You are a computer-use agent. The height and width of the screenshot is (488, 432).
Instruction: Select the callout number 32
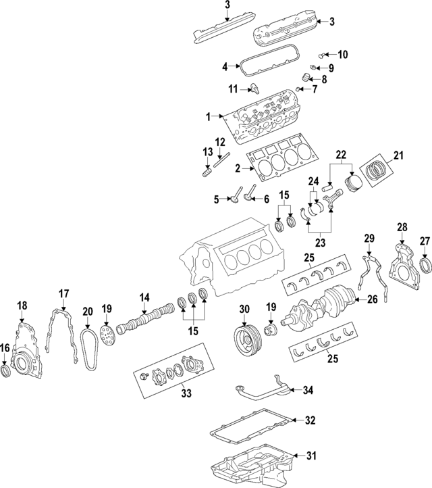pos(310,420)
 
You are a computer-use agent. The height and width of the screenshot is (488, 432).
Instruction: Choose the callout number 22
pos(341,155)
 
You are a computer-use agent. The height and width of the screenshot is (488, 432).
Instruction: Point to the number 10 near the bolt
pos(342,54)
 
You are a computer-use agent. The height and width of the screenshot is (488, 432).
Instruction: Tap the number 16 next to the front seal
pos(5,348)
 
